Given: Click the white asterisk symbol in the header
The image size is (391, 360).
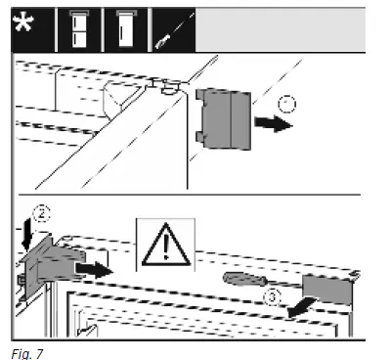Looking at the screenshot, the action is [x=23, y=22].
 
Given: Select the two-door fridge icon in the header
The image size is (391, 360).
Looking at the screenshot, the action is [x=79, y=29].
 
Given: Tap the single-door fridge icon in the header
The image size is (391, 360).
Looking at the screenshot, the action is [x=126, y=29].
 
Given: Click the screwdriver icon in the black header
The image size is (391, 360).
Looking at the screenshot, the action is [x=174, y=31].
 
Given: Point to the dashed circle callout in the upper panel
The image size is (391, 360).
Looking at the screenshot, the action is [x=287, y=104].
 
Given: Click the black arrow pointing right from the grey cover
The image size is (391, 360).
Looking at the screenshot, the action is [x=274, y=124].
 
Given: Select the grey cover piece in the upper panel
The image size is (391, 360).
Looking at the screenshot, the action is [x=223, y=119].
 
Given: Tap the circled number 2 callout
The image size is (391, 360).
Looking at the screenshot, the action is [x=42, y=214].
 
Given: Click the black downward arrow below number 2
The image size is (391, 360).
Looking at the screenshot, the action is [x=27, y=235].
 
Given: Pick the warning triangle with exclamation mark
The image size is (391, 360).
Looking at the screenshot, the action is [x=166, y=245].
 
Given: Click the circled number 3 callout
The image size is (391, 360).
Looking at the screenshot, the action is [x=273, y=297].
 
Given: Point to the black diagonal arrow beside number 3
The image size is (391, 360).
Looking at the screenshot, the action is [x=301, y=307].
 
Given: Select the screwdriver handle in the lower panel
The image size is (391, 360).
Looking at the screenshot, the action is [x=244, y=280].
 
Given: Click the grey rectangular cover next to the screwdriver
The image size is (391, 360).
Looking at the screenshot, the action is [x=327, y=290].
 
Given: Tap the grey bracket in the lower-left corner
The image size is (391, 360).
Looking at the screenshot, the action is [x=52, y=266].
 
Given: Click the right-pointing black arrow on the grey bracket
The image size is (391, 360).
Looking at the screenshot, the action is [x=94, y=270].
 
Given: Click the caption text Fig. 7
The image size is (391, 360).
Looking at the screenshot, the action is [x=27, y=354].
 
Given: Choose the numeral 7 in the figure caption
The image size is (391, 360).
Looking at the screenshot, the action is [x=39, y=354].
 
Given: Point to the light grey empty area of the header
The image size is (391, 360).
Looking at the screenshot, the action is [x=281, y=29].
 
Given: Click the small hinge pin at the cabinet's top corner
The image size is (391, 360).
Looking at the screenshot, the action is [x=169, y=87].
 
